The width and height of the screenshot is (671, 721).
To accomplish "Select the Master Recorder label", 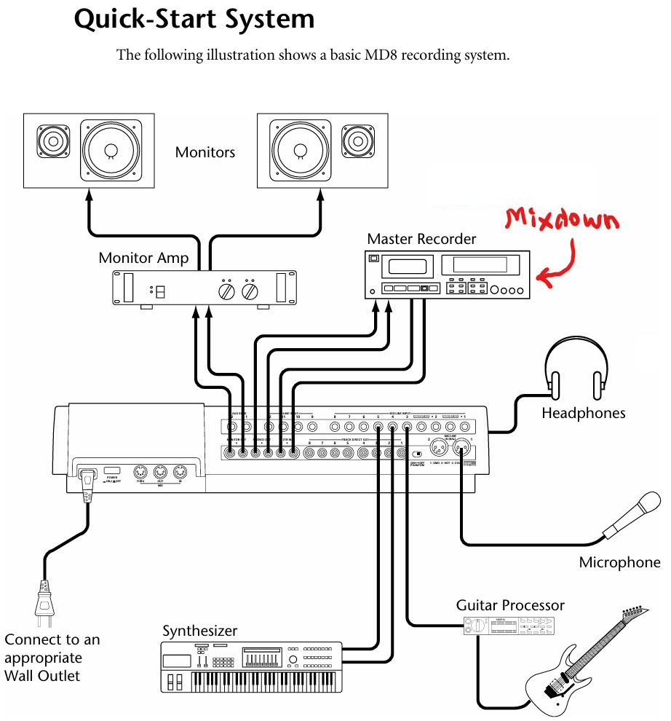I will (x=421, y=239).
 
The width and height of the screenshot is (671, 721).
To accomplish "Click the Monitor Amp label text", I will (x=143, y=258).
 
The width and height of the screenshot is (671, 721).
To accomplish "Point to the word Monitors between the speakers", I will (x=205, y=152).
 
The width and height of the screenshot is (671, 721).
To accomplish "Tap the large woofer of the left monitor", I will (x=110, y=149).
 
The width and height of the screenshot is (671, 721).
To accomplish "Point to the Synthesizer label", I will (x=199, y=631).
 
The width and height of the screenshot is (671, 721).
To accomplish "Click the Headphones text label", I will (x=583, y=413).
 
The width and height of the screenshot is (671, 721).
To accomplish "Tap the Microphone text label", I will (x=619, y=562).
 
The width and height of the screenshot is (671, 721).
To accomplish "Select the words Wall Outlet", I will (x=42, y=675).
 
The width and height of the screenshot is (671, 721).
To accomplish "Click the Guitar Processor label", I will (x=510, y=605).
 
